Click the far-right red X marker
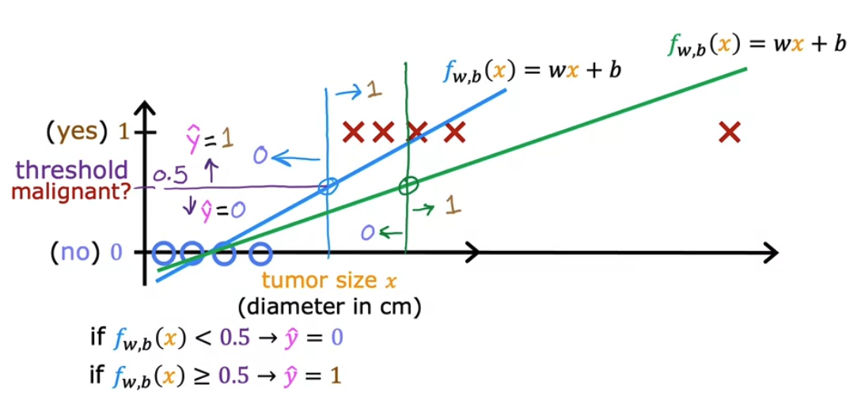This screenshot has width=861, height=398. point(729,132)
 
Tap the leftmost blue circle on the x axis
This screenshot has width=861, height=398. point(164,253)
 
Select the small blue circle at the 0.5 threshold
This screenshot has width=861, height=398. point(328,187)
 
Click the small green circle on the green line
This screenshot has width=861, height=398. point(408,186)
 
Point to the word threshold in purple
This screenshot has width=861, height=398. point(71,169)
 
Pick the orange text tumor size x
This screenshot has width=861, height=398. point(328,282)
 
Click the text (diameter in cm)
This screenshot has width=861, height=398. point(329,305)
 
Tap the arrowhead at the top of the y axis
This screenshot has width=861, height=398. point(145,107)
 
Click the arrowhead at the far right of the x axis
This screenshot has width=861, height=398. point(772,253)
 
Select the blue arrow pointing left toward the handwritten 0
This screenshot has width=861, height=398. point(294,159)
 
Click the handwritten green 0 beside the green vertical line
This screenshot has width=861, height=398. point(366,233)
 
